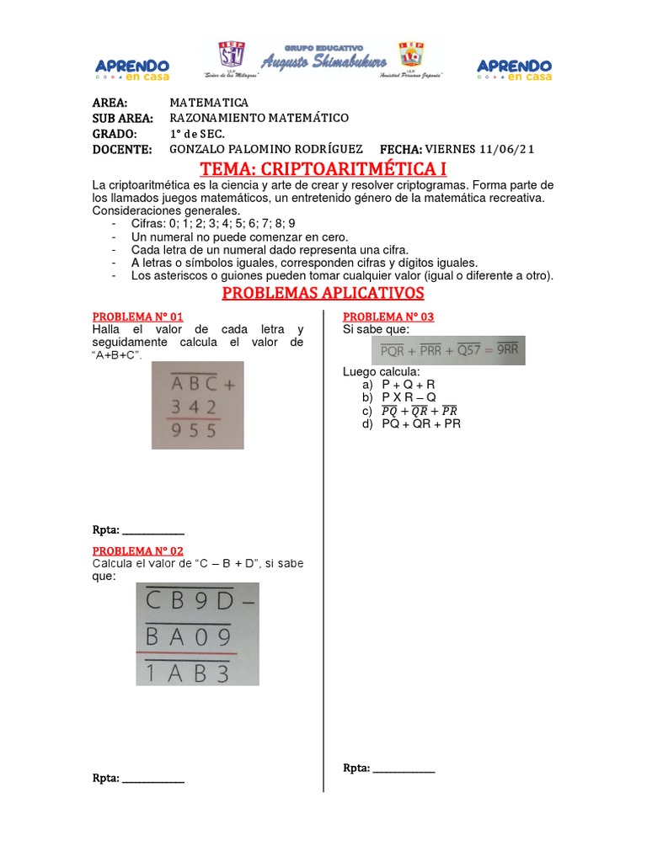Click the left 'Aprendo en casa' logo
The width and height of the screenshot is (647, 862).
click(x=132, y=69)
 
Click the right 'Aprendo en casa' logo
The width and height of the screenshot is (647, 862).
click(x=515, y=69)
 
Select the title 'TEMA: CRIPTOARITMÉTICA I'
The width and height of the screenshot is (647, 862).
click(x=323, y=169)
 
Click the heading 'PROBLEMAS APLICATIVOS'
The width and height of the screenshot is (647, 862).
click(x=323, y=293)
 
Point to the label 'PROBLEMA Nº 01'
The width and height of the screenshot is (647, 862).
click(x=137, y=317)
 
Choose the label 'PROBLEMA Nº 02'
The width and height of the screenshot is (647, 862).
click(x=137, y=551)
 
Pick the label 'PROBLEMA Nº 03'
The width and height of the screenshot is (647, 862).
click(x=388, y=317)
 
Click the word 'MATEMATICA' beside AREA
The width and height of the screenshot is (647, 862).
click(x=209, y=103)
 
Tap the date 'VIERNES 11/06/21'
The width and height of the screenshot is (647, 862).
click(x=479, y=149)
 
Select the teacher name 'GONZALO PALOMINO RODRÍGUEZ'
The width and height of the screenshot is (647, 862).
click(x=266, y=149)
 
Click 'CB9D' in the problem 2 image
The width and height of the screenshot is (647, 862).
click(x=191, y=603)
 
